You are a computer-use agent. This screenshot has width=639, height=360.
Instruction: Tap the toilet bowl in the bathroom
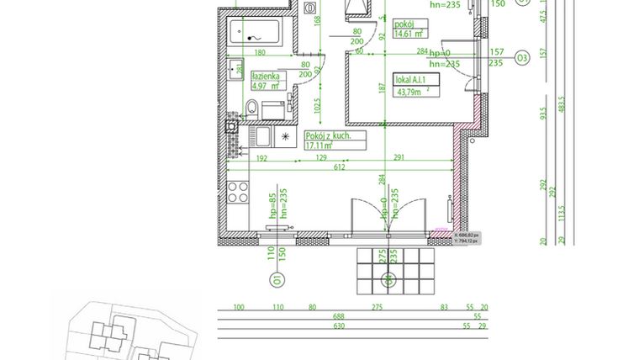tap(251, 106)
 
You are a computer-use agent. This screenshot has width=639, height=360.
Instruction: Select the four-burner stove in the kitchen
tap(238, 193)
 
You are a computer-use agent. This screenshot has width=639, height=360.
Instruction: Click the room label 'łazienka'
tap(270, 76)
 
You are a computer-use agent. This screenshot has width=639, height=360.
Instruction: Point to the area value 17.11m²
tap(320, 145)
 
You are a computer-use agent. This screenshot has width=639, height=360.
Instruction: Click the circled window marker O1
tap(276, 281)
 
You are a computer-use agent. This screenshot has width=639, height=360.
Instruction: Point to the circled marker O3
tap(522, 58)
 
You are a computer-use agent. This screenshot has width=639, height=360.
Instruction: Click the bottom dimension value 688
tap(338, 316)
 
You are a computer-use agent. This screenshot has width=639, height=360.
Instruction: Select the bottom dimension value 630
tap(338, 326)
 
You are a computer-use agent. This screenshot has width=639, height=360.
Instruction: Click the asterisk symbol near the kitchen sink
tap(285, 135)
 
